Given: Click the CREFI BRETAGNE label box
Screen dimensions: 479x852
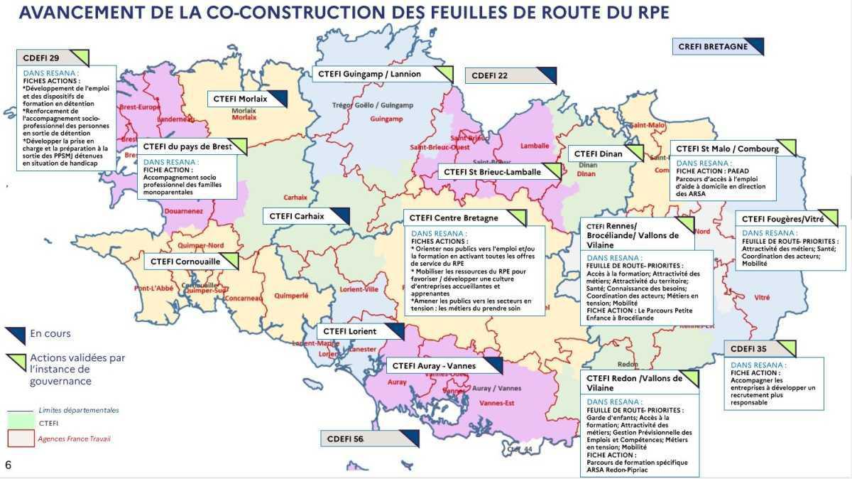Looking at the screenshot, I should pos(717,47).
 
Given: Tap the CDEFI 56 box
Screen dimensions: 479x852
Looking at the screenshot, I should pos(368,439).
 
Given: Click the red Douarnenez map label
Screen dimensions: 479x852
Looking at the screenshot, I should pos(183,212).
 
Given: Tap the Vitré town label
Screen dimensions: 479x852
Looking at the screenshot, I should pos(762,297).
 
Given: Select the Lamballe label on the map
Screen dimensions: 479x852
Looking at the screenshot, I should pos(535,146).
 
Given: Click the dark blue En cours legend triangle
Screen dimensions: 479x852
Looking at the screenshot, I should pos(16,334).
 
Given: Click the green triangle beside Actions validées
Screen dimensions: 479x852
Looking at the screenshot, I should pos(16,361).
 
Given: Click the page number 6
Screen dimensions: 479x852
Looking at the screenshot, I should pos(8,465).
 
